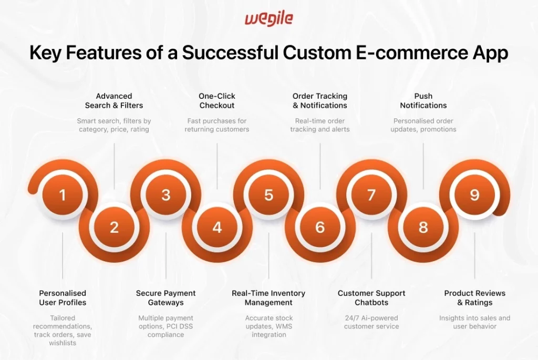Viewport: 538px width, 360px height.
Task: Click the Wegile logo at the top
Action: (x=268, y=19)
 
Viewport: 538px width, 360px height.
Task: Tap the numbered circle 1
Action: (x=63, y=195)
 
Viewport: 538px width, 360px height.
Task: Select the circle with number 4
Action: (x=217, y=228)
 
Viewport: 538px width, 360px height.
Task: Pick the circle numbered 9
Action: (x=474, y=195)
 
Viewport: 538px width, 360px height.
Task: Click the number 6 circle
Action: (x=320, y=228)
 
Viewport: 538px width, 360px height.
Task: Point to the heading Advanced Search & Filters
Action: (x=114, y=101)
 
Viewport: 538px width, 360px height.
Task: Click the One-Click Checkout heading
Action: (x=217, y=101)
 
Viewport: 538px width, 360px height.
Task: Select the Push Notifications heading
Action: (x=423, y=101)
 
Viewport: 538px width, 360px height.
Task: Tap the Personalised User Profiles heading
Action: (x=63, y=297)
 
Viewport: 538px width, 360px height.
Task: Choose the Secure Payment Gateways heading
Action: (x=165, y=297)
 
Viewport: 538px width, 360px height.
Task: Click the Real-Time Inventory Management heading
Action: (x=268, y=297)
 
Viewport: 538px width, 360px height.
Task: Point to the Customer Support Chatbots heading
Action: (x=371, y=297)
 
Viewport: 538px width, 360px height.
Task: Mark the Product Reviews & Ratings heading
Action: (x=474, y=297)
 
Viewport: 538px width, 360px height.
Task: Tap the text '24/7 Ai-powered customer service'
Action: (x=371, y=322)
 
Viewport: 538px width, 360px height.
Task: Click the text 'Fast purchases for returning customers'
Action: (x=217, y=125)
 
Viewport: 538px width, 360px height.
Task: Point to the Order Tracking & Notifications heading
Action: (x=320, y=101)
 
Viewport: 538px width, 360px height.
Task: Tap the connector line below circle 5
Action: (x=268, y=258)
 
